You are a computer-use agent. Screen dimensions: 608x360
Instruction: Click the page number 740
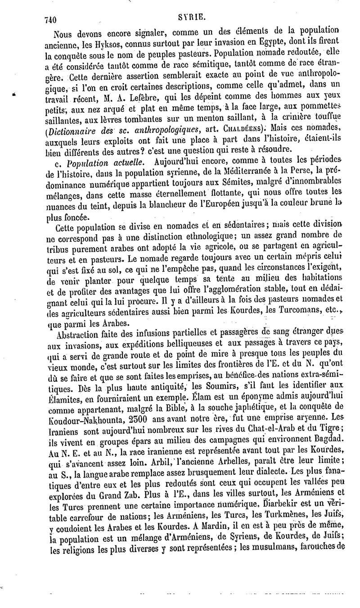52,19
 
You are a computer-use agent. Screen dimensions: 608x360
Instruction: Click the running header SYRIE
193,18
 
